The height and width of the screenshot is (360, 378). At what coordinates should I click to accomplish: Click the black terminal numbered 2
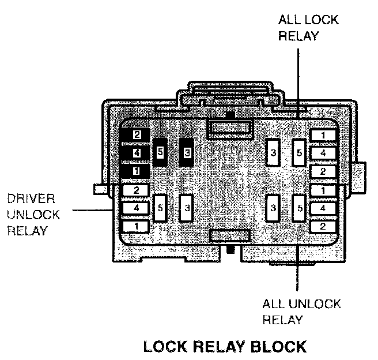coord(136,135)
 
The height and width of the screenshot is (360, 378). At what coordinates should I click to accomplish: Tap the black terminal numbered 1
coord(136,171)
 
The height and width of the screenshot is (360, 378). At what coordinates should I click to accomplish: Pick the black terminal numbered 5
coord(160,153)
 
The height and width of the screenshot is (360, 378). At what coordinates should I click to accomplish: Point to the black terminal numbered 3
coord(186,153)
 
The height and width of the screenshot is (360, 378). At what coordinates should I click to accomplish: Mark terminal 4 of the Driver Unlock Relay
coord(136,208)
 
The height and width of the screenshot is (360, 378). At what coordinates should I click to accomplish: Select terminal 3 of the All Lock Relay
coord(274,153)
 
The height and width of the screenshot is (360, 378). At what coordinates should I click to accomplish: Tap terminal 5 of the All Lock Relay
coord(299,153)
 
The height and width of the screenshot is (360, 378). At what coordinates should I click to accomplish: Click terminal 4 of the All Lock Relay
coord(323,153)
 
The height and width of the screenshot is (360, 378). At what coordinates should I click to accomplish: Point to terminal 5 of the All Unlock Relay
coord(299,208)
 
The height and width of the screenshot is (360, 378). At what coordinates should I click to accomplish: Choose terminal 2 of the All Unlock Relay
coord(323,226)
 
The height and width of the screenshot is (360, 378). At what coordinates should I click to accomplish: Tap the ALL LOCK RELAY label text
coord(308,28)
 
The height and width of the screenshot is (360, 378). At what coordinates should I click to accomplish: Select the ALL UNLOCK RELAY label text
coord(301,312)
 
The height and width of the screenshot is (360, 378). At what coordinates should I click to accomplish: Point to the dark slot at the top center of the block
coord(229,128)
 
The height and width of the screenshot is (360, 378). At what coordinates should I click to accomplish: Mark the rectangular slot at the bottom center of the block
coord(229,235)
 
